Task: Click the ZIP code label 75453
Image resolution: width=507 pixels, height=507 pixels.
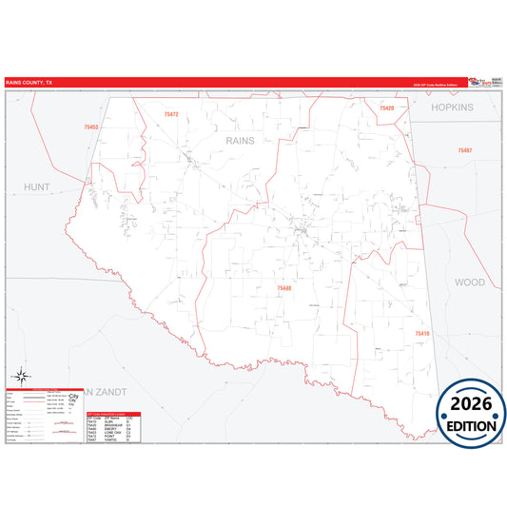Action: point(91,127)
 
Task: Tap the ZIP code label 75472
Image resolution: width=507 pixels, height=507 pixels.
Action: point(171,115)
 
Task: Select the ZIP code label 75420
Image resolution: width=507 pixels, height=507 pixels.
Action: point(386,108)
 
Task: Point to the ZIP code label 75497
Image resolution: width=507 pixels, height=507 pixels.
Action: point(464,151)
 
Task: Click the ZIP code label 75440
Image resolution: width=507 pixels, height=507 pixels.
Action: point(285,287)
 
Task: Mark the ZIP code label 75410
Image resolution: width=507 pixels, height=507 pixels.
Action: point(421,334)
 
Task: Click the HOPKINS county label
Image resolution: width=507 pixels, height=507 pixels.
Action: point(451,107)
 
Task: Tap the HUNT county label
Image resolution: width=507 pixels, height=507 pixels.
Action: point(37,187)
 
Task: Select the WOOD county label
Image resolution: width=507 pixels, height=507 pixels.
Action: point(469,283)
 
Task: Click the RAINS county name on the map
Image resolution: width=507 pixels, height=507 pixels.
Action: point(241,140)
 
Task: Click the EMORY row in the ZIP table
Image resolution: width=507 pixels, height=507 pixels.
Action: point(112,429)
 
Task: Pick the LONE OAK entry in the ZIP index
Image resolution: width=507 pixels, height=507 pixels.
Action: point(112,433)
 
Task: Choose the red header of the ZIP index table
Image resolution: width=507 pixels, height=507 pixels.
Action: point(112,414)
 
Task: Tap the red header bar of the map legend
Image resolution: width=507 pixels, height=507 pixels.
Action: point(43,389)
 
